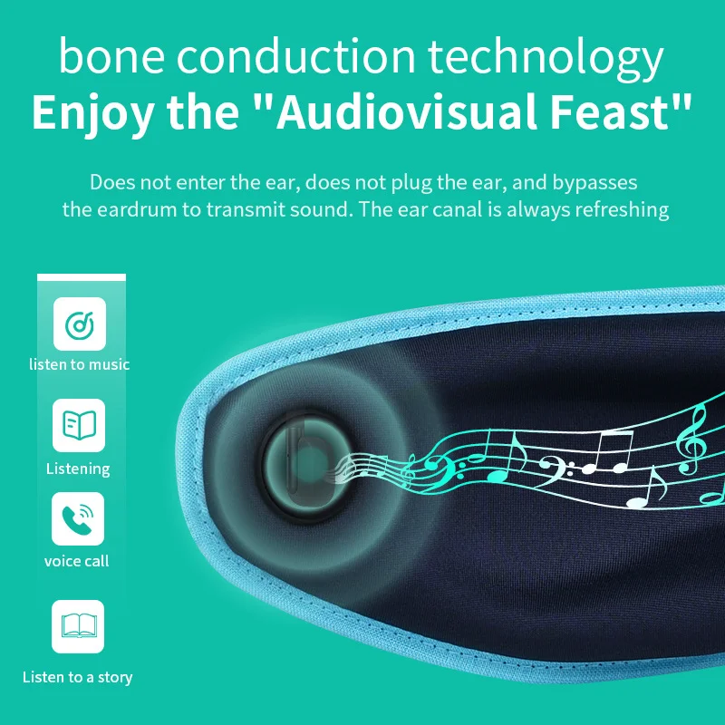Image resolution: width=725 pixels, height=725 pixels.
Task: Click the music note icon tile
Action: click(80, 324)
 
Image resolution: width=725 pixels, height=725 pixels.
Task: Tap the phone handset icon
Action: click(77, 518)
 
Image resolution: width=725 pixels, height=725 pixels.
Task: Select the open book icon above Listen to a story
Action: click(79, 625)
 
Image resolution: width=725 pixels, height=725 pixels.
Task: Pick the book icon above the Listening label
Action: click(79, 425)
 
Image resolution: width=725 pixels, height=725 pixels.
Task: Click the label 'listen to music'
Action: click(80, 364)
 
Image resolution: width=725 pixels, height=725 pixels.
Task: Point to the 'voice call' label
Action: click(77, 561)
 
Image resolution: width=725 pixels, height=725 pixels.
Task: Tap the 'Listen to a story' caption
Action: click(78, 677)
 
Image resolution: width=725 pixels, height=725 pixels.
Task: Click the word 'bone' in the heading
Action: click(111, 56)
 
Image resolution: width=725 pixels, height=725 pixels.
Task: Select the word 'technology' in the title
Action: click(546, 58)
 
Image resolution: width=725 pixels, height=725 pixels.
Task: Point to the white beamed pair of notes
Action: click(607, 452)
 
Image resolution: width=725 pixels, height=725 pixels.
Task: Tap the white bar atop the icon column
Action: click(82, 277)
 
